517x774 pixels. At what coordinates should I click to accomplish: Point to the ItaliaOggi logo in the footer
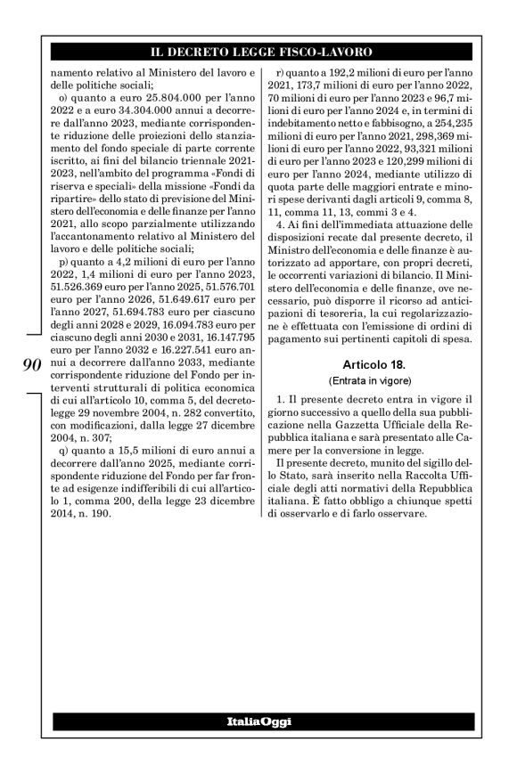tap(258, 720)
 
